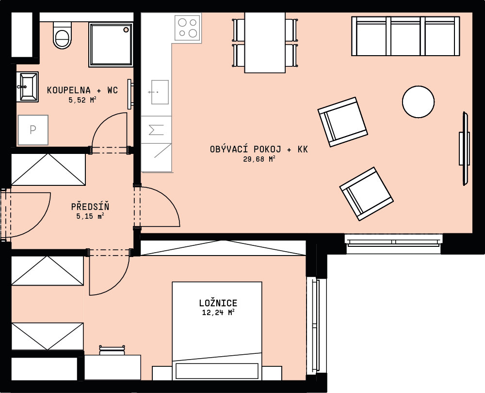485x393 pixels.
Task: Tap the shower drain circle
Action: pyautogui.click(x=126, y=30)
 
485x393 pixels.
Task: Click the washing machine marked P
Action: pyautogui.click(x=33, y=130)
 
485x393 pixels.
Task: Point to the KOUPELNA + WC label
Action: pyautogui.click(x=82, y=90)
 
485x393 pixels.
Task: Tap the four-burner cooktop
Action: pyautogui.click(x=188, y=28)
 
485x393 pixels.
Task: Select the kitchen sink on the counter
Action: pyautogui.click(x=160, y=92)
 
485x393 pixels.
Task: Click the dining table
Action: pyautogui.click(x=265, y=43)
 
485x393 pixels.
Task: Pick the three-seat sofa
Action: pyautogui.click(x=405, y=36)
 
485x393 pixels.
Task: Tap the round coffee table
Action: pyautogui.click(x=418, y=102)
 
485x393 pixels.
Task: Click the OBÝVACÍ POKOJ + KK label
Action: pyautogui.click(x=259, y=150)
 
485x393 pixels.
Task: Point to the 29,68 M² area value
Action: pyautogui.click(x=259, y=159)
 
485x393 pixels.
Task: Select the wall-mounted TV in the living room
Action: pyautogui.click(x=465, y=149)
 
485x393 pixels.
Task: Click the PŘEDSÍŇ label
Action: pyautogui.click(x=90, y=207)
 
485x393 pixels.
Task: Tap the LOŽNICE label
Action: pyautogui.click(x=218, y=303)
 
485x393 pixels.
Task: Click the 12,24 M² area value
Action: pyautogui.click(x=218, y=313)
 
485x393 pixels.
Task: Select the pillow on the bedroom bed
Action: pyautogui.click(x=217, y=371)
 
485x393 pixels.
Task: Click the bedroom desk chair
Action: pyautogui.click(x=113, y=350)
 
